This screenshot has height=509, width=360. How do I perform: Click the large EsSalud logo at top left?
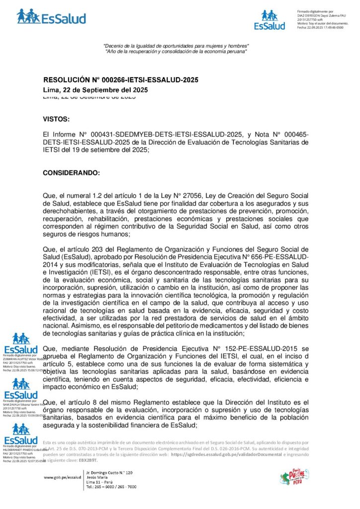pyautogui.click(x=51, y=16)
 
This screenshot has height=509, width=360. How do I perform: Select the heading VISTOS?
pyautogui.click(x=56, y=119)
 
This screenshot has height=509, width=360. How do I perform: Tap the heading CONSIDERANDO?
pyautogui.click(x=71, y=173)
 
